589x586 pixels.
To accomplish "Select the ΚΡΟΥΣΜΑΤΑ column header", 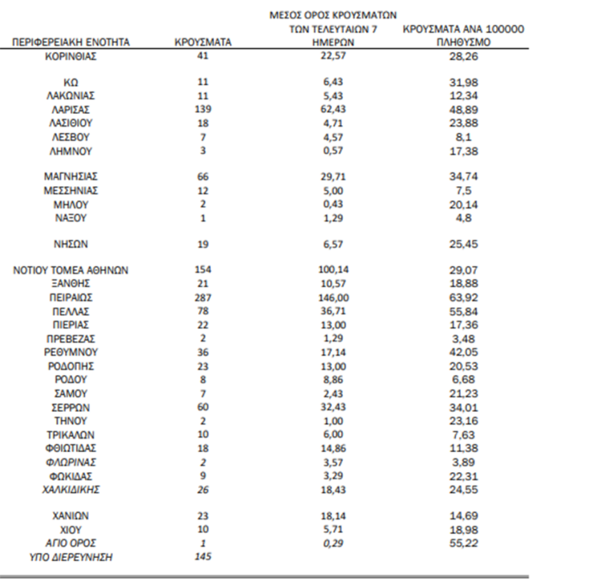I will click(x=203, y=42).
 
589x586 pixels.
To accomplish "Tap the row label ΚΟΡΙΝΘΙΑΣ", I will click(x=71, y=55).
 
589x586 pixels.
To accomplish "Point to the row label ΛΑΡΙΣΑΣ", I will click(x=71, y=108).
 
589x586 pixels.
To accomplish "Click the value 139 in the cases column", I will click(x=203, y=108).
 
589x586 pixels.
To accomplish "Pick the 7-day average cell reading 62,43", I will click(x=332, y=108).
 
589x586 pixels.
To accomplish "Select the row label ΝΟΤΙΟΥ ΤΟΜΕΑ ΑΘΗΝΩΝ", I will click(x=71, y=270).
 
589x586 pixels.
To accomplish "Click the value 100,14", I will click(x=332, y=270).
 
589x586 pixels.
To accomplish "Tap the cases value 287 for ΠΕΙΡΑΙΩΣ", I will click(x=203, y=297).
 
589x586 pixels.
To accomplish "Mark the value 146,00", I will click(x=332, y=297).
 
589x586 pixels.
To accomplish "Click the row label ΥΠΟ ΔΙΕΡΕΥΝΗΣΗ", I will click(x=71, y=557).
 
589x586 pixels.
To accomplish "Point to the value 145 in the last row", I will click(x=203, y=557).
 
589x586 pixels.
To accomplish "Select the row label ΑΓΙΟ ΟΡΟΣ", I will click(x=71, y=543).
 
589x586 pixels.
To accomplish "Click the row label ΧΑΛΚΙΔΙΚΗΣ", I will click(x=71, y=489).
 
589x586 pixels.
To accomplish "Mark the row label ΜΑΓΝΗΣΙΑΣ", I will click(x=71, y=176).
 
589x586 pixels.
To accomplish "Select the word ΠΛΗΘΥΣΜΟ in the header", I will click(x=464, y=42).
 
